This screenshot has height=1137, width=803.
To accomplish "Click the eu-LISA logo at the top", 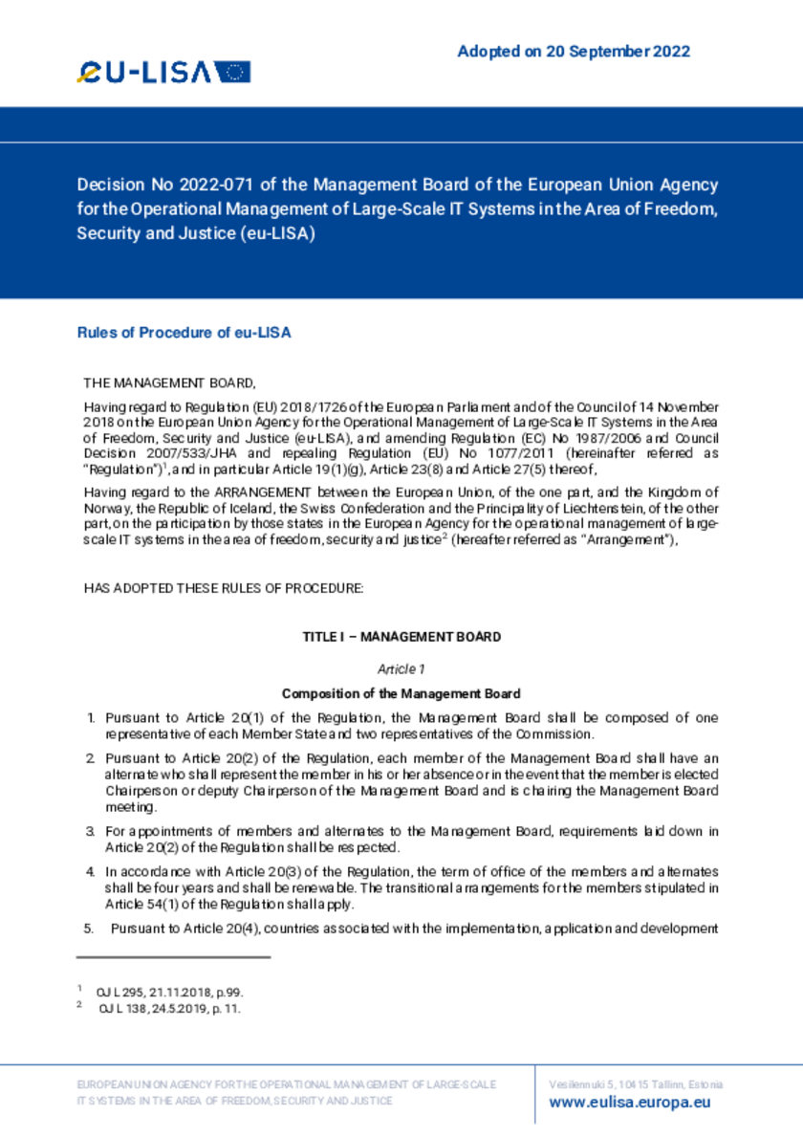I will click(x=163, y=72).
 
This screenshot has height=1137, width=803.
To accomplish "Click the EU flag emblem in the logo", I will click(x=232, y=72).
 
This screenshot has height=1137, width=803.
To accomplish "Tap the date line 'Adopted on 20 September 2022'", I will click(x=574, y=52).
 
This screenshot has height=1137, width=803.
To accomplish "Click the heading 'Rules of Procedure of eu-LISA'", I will click(x=184, y=333).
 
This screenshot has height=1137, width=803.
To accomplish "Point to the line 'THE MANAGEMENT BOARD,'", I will click(x=170, y=383).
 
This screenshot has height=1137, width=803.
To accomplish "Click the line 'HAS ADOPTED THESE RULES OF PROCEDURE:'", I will click(x=224, y=588).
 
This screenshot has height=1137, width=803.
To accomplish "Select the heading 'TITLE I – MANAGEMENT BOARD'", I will click(x=401, y=637).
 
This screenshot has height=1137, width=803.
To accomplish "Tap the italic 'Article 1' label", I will click(x=401, y=669).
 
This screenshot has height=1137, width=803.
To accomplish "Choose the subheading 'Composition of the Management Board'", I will click(x=401, y=694).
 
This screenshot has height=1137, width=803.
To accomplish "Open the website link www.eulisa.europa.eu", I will click(x=630, y=1103).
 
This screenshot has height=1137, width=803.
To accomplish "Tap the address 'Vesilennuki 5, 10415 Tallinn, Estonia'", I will click(x=636, y=1084).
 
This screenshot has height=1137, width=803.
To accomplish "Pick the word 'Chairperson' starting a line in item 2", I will click(x=140, y=792).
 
